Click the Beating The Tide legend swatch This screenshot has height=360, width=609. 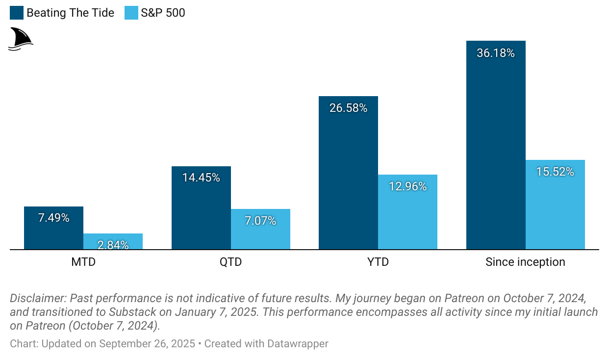tap(17, 13)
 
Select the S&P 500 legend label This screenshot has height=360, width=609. tap(163, 13)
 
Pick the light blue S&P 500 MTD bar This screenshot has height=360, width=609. tap(113, 241)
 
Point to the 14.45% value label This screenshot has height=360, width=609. tap(201, 178)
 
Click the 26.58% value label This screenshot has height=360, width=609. tap(348, 108)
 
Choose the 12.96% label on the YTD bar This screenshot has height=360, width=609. tap(407, 186)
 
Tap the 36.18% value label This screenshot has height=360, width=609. tap(496, 53)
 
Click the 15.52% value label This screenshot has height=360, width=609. tap(555, 172)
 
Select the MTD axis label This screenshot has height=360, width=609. tap(83, 262)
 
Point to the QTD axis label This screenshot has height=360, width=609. tap(230, 262)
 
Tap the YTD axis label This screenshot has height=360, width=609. tap(378, 262)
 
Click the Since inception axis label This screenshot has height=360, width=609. tap(525, 262)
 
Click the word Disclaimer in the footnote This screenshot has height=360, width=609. tap(38, 298)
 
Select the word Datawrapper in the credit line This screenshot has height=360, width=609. tap(298, 343)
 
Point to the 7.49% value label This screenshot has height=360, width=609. tap(53, 218)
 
